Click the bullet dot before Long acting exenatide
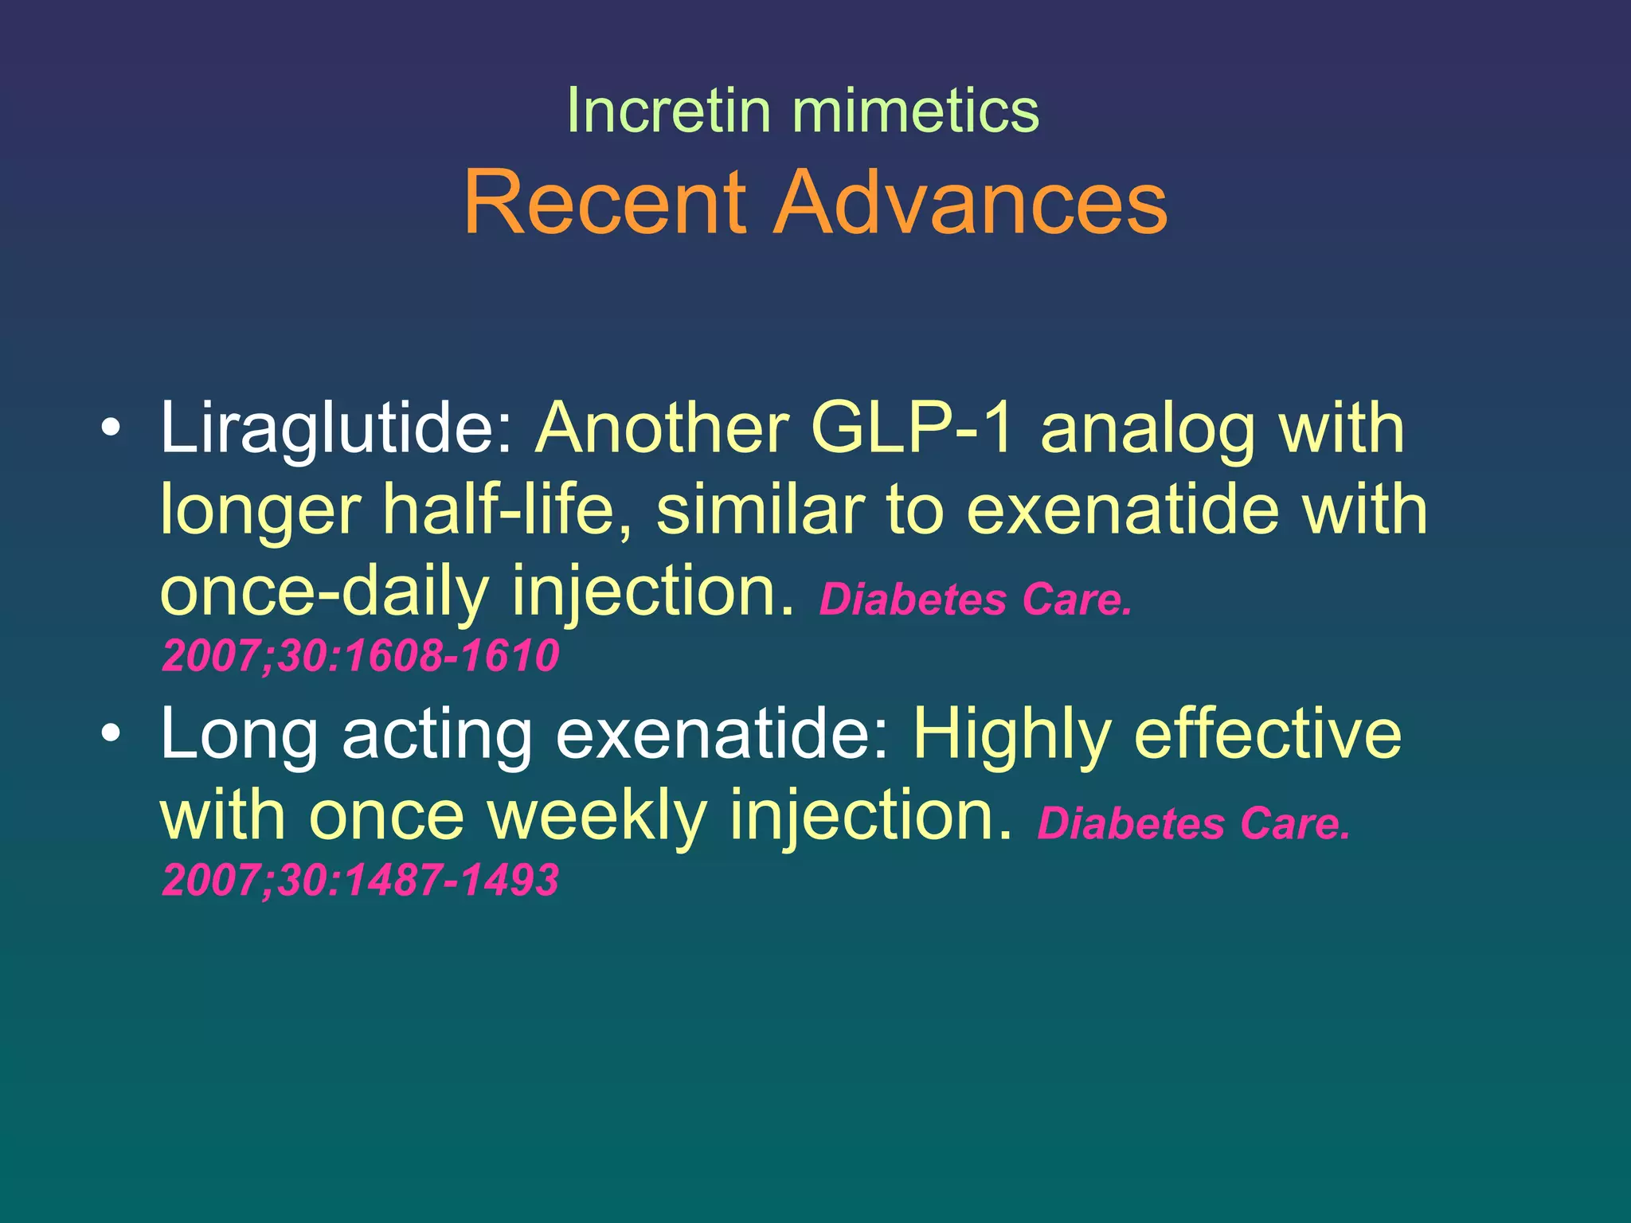[111, 733]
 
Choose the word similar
[760, 510]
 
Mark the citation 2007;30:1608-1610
[360, 656]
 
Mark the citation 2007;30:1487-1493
[360, 881]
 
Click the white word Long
[240, 735]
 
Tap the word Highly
[1011, 735]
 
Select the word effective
[1267, 733]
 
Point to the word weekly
[597, 815]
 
